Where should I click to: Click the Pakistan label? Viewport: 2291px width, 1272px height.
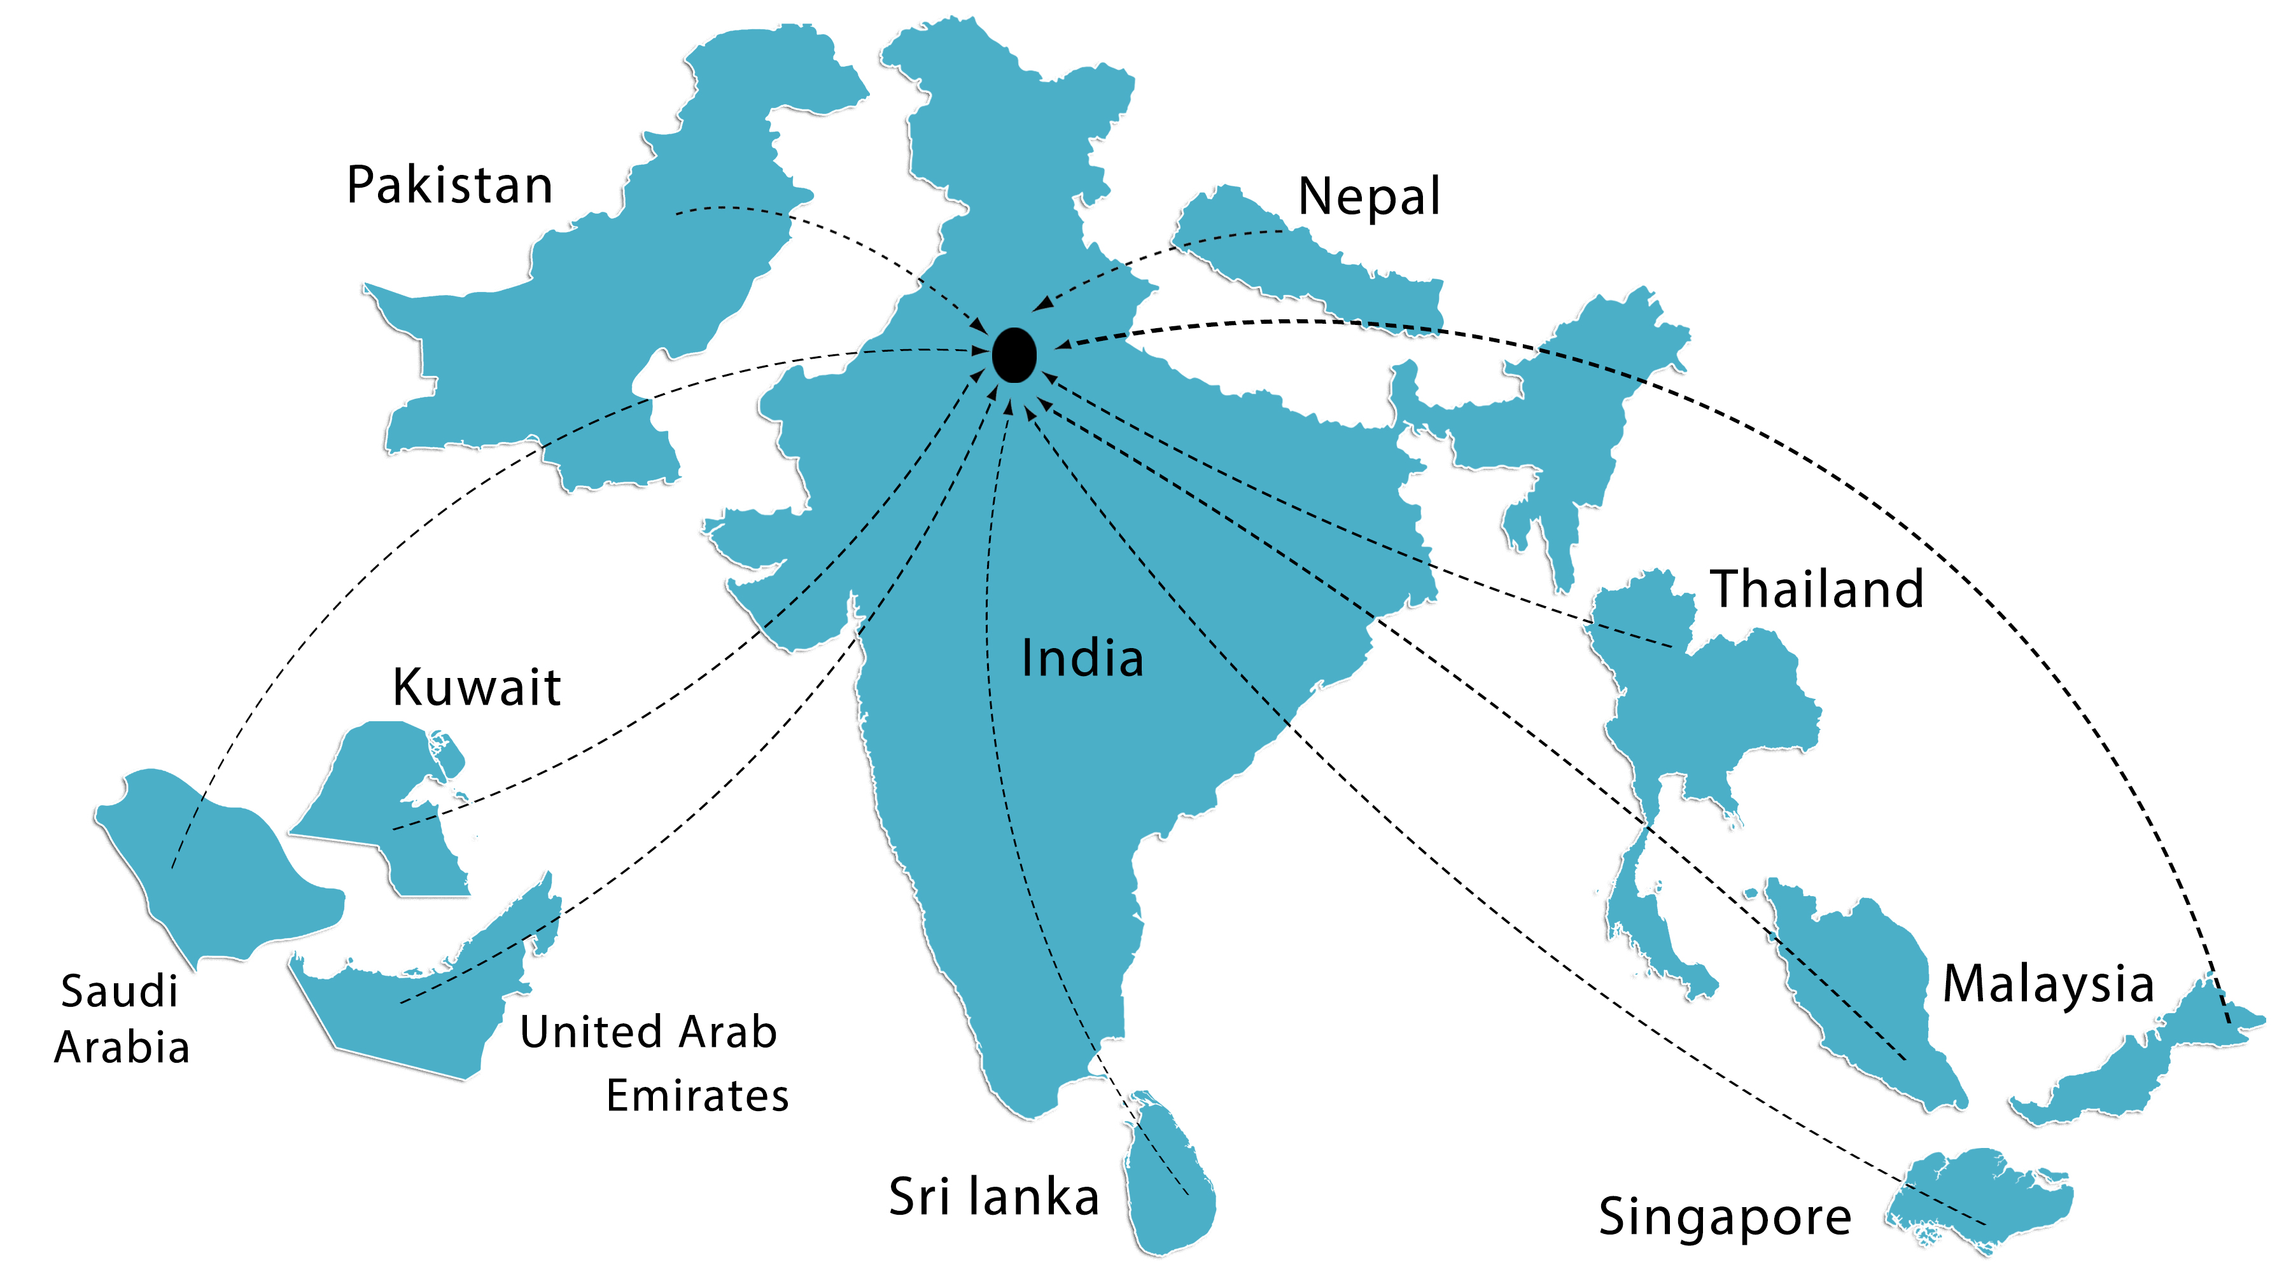tap(449, 185)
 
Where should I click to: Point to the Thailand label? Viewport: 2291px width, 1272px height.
tap(1817, 588)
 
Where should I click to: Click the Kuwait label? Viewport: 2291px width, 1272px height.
tap(477, 686)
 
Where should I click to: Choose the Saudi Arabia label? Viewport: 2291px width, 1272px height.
tap(121, 1019)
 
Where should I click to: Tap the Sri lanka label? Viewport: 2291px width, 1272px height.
tap(994, 1196)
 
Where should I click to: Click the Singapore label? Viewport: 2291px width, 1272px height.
tap(1725, 1216)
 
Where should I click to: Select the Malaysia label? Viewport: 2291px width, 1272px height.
tap(2047, 983)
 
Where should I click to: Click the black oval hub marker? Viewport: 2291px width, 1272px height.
tap(1014, 355)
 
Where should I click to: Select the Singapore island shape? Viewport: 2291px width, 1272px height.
tap(1983, 1196)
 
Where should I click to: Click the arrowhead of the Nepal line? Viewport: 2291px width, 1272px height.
tap(1040, 306)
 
